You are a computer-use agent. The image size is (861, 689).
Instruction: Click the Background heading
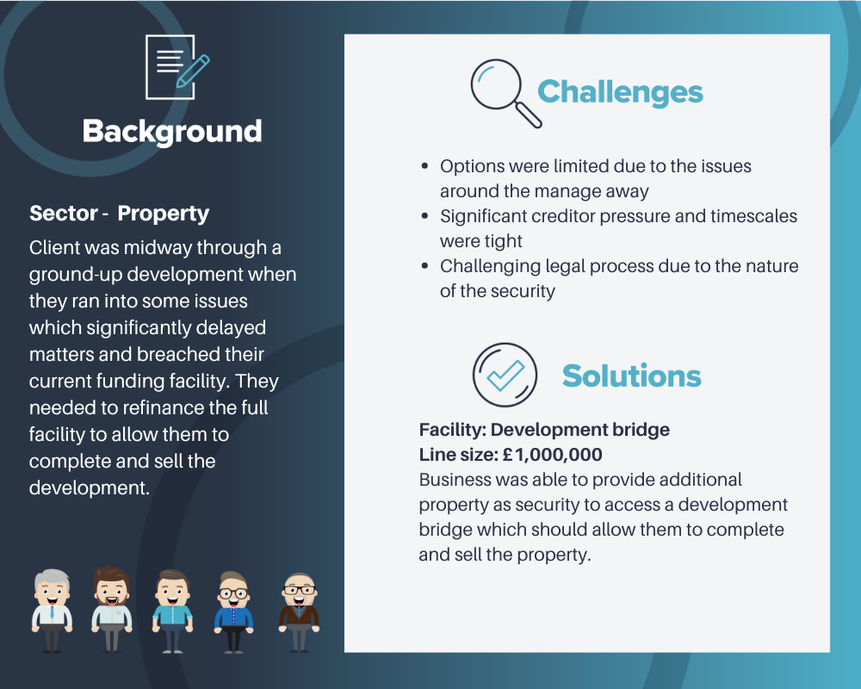pos(172,132)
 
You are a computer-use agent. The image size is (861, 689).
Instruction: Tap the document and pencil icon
pos(177,67)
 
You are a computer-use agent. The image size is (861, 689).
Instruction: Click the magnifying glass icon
pos(505,93)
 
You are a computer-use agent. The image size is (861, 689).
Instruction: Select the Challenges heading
pos(620,92)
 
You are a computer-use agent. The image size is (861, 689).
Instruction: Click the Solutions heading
pos(631,376)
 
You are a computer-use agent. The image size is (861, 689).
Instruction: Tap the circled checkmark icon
pos(505,375)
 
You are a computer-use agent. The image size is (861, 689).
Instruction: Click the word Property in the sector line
pos(163,214)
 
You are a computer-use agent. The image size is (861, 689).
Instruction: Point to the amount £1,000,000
pos(552,455)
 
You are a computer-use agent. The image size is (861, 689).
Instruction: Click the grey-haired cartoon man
pos(53,611)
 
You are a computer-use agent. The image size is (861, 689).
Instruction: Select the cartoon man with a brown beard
pos(112,609)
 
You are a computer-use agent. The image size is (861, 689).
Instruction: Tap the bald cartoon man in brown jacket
pos(300,612)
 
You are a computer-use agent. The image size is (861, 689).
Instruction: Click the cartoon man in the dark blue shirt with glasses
pos(233,611)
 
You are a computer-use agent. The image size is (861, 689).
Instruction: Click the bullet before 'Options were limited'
pos(424,166)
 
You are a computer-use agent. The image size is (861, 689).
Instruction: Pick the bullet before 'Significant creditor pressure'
pos(424,216)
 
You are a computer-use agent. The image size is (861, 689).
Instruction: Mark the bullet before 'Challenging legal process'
pos(424,266)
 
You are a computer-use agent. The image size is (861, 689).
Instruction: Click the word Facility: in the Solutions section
pos(453,430)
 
